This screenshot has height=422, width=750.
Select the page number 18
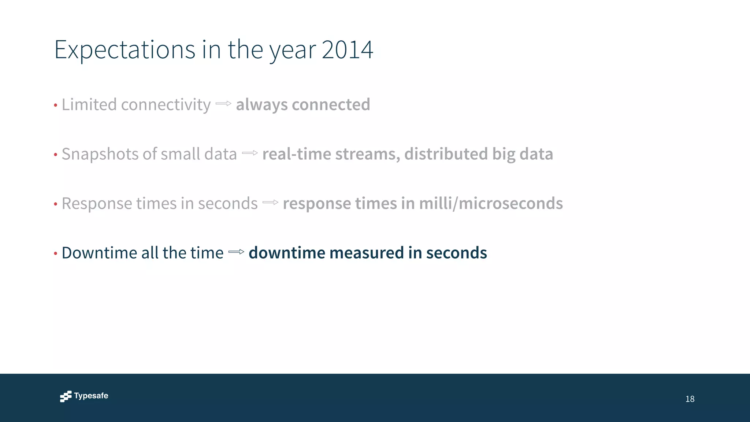point(690,399)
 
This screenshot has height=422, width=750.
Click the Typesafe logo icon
point(66,396)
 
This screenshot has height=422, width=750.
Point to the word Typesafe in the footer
point(91,396)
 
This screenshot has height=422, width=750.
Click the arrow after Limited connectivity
point(223,104)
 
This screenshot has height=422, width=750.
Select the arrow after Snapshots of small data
point(250,153)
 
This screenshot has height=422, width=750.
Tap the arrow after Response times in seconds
point(270,202)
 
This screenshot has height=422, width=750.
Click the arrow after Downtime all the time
point(236,252)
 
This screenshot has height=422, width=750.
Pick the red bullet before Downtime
point(56,253)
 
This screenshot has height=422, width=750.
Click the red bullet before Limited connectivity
point(56,105)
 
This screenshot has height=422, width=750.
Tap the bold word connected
point(331,105)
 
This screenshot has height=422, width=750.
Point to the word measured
point(367,253)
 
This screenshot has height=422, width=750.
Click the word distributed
point(446,154)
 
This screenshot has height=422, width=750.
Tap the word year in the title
point(293,50)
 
